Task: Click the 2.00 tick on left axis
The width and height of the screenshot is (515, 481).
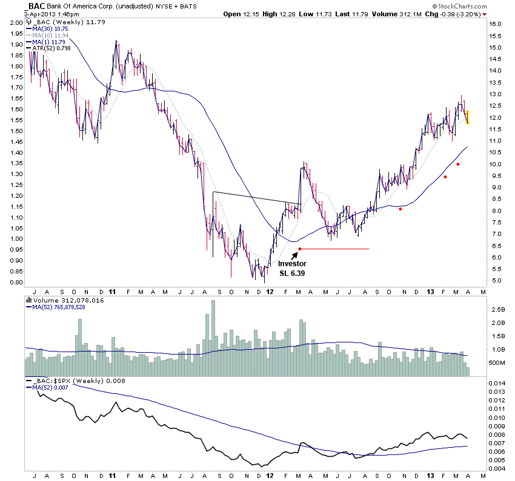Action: (x=16, y=22)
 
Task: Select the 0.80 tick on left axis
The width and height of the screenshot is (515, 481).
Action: (x=16, y=283)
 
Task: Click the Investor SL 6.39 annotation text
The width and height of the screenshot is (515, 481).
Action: (x=292, y=268)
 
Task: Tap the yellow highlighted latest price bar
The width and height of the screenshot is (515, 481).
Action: (x=468, y=117)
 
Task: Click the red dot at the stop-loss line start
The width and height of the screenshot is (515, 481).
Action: (x=300, y=249)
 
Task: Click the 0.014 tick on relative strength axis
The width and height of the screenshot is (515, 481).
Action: (x=498, y=384)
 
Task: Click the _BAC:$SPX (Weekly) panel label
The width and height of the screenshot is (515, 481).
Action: (x=64, y=379)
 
